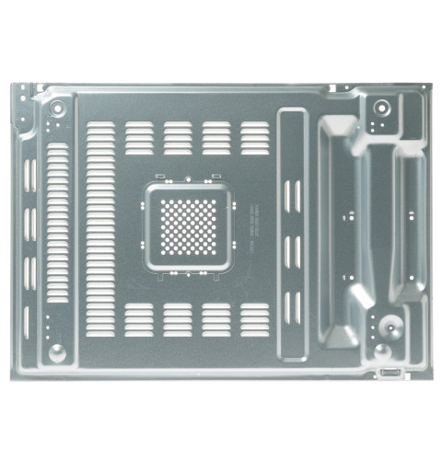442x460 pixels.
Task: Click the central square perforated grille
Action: point(190,224)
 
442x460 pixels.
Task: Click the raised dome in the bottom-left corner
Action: point(57,351)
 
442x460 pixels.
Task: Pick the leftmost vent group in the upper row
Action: point(139,135)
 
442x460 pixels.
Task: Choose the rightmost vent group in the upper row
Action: point(255,135)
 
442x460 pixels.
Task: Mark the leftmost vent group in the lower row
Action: point(139,316)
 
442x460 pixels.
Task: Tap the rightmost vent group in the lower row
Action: point(255,316)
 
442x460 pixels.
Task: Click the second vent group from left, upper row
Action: point(178,135)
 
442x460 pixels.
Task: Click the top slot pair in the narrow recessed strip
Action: point(291,196)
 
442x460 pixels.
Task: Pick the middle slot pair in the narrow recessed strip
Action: point(291,250)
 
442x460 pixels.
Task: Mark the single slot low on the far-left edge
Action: point(28,322)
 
